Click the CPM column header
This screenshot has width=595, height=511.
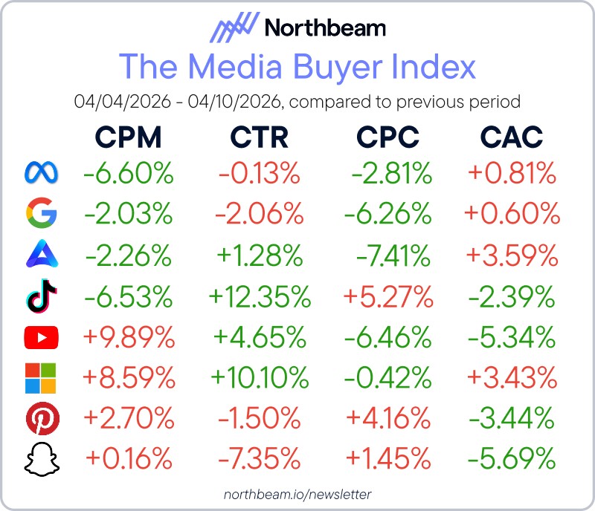(x=128, y=137)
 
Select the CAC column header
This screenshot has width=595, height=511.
(x=511, y=137)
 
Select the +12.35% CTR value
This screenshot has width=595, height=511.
(x=260, y=297)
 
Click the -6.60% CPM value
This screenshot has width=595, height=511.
(x=129, y=175)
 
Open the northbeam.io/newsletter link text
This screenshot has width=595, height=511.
(x=297, y=494)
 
